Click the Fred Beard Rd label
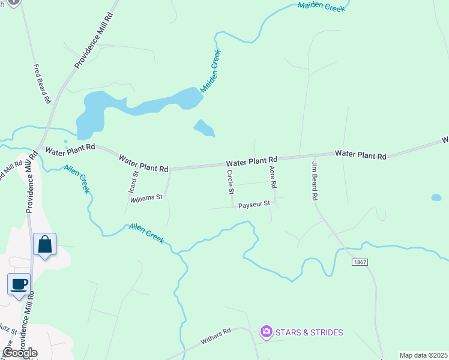click(x=42, y=84)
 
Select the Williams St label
click(x=146, y=197)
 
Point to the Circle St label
click(x=230, y=182)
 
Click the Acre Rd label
click(x=273, y=177)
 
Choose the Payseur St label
click(x=255, y=205)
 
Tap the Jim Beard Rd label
click(x=314, y=180)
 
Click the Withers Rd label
click(x=215, y=335)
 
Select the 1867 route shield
click(x=360, y=262)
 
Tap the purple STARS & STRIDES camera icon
click(x=265, y=331)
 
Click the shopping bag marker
click(x=44, y=244)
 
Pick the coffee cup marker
click(x=19, y=283)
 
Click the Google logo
click(x=20, y=353)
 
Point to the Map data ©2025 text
click(x=423, y=355)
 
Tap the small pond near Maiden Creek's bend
click(x=204, y=128)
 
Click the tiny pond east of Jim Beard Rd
click(x=436, y=197)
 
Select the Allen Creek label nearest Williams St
click(x=146, y=233)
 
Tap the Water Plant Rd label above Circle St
click(x=252, y=161)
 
